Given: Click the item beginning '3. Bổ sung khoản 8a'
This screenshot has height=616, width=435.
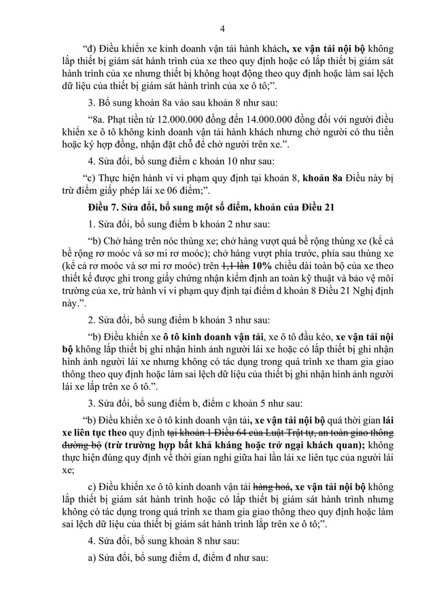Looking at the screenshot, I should [162, 103].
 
